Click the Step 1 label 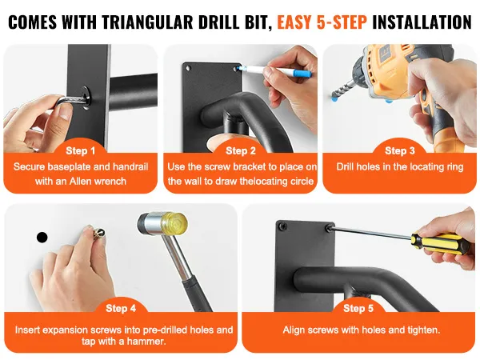click(x=81, y=150)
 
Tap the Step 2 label click(x=241, y=150)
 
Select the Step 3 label click(x=400, y=150)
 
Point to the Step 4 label click(x=121, y=308)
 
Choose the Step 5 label click(x=358, y=308)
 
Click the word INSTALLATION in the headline click(x=422, y=22)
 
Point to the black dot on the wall click(x=42, y=238)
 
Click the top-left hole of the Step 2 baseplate click(x=189, y=68)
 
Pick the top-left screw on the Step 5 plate click(x=282, y=227)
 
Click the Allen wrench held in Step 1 click(x=74, y=102)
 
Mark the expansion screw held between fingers click(x=98, y=233)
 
